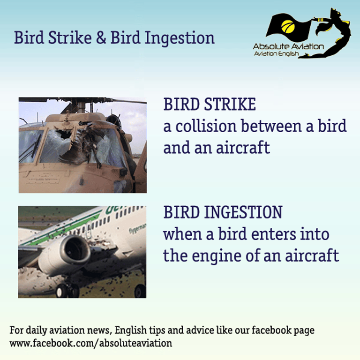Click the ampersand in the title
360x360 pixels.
point(101,37)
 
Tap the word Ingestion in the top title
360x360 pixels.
point(180,38)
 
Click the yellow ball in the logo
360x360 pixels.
point(288,27)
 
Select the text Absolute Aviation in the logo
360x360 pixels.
point(288,46)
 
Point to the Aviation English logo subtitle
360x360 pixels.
point(277,54)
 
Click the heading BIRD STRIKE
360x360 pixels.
point(210,105)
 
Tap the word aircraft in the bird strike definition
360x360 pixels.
point(243,148)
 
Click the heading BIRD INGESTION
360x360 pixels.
point(223,212)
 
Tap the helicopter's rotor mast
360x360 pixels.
point(81,107)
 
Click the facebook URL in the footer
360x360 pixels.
point(90,344)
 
